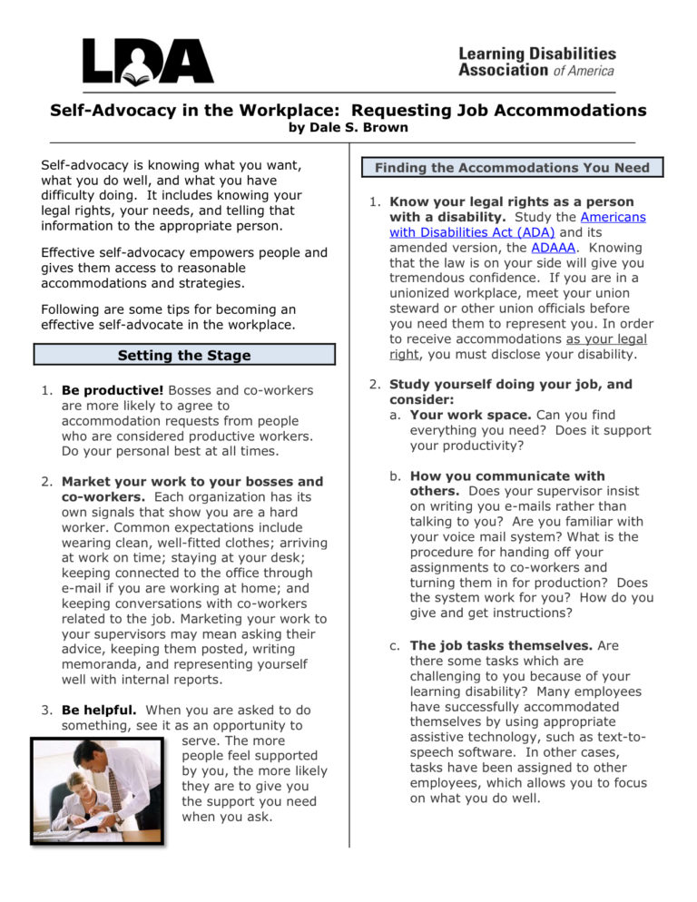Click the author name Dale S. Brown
click(348, 128)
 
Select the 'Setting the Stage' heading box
click(184, 355)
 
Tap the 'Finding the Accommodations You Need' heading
click(512, 168)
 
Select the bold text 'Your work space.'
click(470, 415)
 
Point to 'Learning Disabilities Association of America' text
click(536, 62)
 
